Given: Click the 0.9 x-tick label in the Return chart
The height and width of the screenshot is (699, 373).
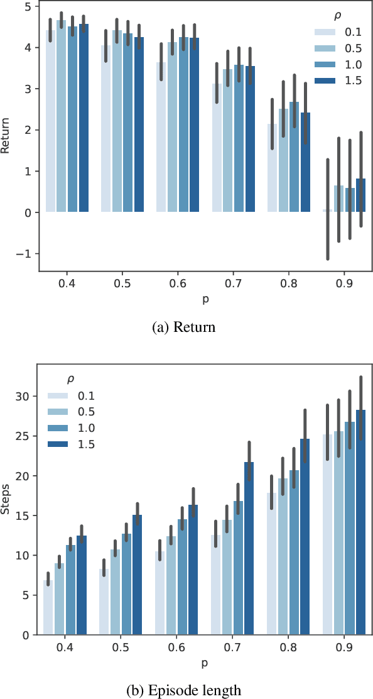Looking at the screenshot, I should tap(344, 284).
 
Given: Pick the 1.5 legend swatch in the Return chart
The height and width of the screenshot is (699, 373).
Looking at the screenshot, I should tap(324, 80).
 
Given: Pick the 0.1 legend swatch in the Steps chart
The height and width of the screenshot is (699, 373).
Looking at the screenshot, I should tap(58, 397).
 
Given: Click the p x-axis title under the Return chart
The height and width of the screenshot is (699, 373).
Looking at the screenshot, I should tap(205, 300).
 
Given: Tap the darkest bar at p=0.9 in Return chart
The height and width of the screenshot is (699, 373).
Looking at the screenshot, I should tap(360, 195).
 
